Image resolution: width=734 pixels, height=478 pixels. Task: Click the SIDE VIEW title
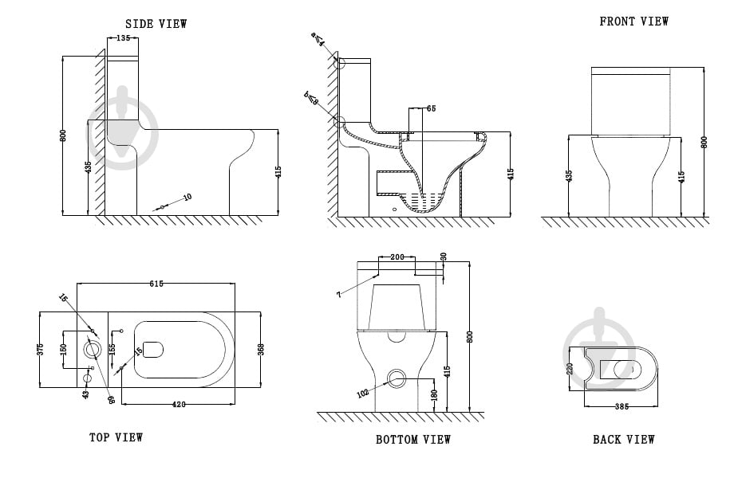click(157, 24)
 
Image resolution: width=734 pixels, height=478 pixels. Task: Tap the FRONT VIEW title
click(634, 22)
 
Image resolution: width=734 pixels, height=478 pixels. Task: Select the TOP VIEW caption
click(116, 437)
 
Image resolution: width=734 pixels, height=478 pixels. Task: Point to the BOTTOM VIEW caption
click(413, 439)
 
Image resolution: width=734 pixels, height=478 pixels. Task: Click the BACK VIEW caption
click(624, 439)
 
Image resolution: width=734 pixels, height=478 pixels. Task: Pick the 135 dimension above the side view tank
click(123, 37)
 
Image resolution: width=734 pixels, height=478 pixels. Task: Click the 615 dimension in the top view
click(156, 284)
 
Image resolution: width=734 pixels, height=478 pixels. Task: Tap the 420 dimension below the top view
click(179, 405)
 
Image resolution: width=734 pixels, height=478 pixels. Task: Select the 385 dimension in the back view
click(622, 406)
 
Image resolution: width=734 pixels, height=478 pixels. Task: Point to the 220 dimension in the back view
click(570, 368)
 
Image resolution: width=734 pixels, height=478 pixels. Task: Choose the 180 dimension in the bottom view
click(434, 395)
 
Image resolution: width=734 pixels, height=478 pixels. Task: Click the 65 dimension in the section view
click(431, 108)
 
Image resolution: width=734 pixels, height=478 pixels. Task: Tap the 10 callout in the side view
click(187, 197)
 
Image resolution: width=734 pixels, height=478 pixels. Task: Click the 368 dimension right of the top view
click(261, 349)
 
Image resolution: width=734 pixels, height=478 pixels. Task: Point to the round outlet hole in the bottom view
click(397, 378)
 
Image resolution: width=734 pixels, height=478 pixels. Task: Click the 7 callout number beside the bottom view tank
click(338, 295)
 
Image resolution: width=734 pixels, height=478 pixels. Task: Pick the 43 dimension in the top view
click(85, 393)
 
